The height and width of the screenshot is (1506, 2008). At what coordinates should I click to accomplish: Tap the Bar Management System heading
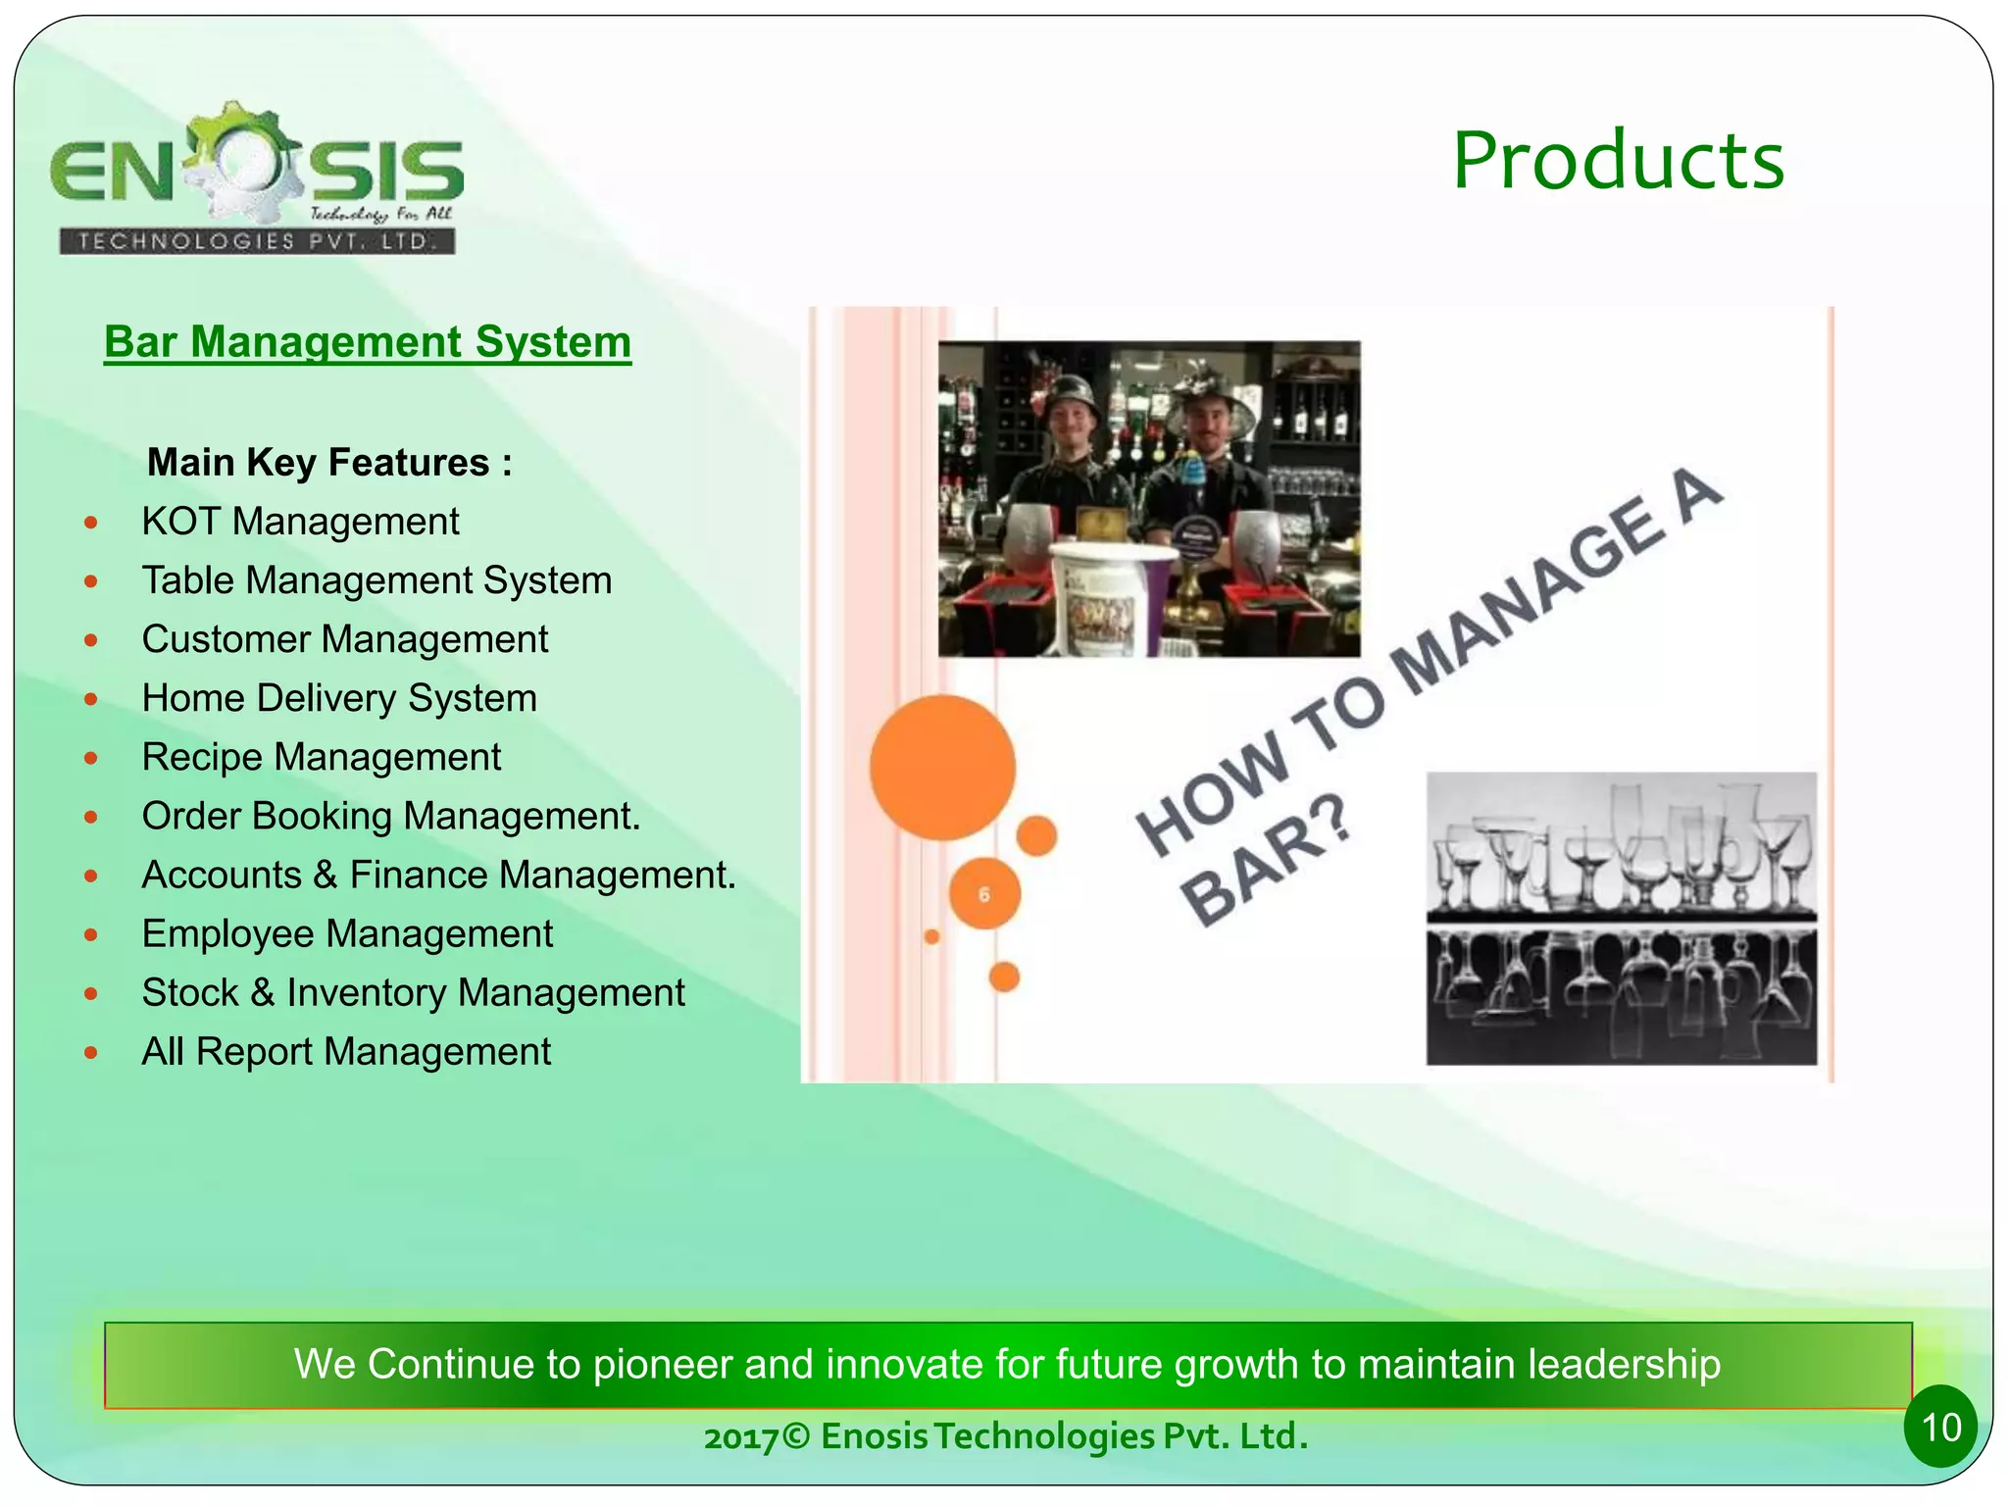click(368, 342)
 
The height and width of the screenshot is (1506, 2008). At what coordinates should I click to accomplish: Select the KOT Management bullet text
click(300, 522)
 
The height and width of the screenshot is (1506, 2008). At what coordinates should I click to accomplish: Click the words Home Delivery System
click(339, 698)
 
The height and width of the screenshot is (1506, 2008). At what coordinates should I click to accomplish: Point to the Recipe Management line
click(321, 757)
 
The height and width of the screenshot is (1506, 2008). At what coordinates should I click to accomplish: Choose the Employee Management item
click(347, 933)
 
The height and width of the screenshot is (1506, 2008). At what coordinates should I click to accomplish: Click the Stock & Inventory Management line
click(413, 992)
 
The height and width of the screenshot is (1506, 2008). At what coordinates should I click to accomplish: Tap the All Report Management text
click(346, 1051)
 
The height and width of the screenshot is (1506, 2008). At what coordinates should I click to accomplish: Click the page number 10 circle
click(1940, 1427)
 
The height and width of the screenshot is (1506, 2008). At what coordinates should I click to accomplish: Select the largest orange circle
click(942, 768)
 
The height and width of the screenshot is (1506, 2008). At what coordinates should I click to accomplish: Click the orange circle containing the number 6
click(984, 893)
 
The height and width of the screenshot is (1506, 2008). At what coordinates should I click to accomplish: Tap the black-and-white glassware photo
click(1621, 918)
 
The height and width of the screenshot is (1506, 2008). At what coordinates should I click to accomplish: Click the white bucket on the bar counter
click(1105, 598)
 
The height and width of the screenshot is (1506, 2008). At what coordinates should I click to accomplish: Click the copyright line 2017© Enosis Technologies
click(1005, 1436)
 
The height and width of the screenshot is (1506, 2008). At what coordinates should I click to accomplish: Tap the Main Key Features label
click(329, 462)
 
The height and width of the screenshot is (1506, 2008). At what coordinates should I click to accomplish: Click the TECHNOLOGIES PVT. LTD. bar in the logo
click(257, 241)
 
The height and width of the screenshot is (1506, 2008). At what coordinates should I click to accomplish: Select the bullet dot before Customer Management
click(91, 640)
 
